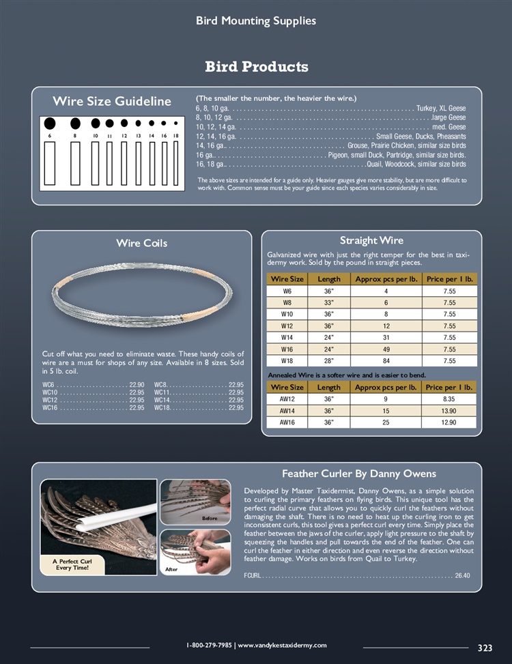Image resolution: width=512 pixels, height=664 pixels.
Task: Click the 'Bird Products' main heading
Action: tap(256, 67)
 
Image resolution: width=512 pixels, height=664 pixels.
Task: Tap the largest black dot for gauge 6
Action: tap(50, 124)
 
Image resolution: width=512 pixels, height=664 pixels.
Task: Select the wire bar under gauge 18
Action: tap(175, 164)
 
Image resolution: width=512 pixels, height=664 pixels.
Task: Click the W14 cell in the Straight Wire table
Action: tap(287, 337)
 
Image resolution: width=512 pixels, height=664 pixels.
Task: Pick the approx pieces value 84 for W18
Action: tap(386, 360)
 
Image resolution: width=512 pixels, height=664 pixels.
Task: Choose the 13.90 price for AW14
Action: tap(449, 411)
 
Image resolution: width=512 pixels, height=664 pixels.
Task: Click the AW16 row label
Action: tap(287, 422)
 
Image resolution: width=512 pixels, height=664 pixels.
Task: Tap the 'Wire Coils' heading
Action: tap(141, 243)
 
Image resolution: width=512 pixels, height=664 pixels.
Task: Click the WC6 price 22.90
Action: tap(137, 385)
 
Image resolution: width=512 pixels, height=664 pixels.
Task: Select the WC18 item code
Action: tap(162, 407)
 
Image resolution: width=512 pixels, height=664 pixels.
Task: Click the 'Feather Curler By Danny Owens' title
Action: tap(358, 474)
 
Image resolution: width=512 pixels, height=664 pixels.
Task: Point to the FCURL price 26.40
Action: tap(462, 575)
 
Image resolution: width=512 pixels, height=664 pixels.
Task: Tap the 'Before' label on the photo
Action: tap(209, 519)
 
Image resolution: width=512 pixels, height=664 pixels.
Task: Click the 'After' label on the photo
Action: tap(171, 568)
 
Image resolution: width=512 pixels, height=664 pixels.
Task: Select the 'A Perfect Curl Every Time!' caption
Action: tap(72, 564)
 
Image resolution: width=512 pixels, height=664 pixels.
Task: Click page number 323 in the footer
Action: tap(485, 648)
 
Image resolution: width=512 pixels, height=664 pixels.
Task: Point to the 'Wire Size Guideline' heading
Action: tap(112, 102)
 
